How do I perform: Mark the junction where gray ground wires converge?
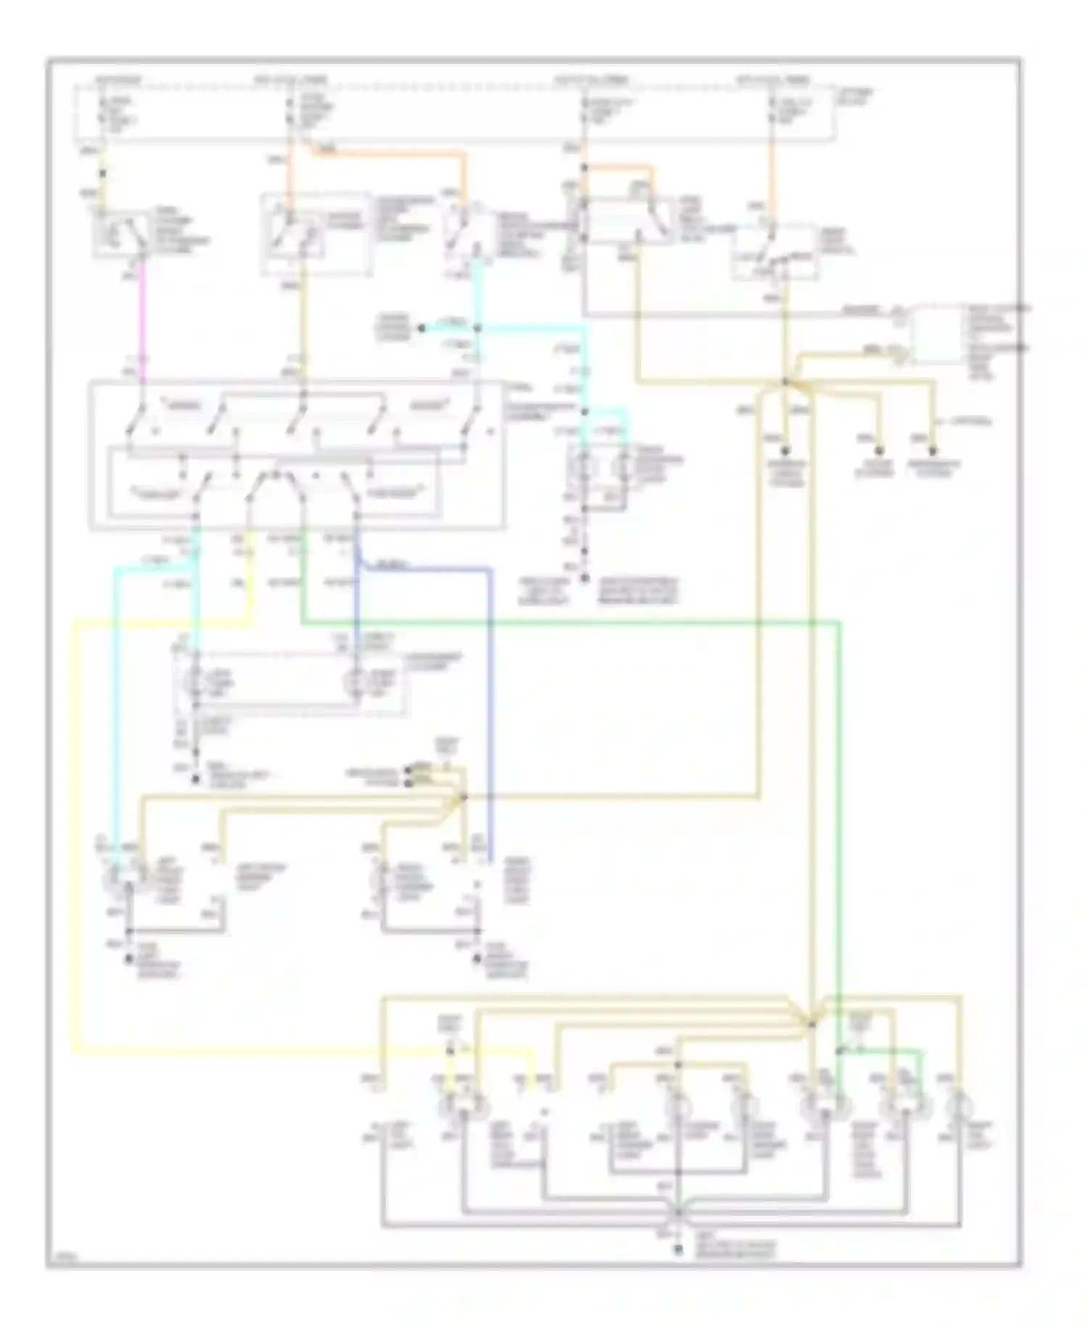(x=678, y=1212)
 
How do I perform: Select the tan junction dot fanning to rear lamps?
(x=812, y=1024)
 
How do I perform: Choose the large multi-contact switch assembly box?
(x=296, y=455)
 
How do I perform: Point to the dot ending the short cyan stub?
(x=421, y=329)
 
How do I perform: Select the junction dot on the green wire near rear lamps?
(x=839, y=1051)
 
